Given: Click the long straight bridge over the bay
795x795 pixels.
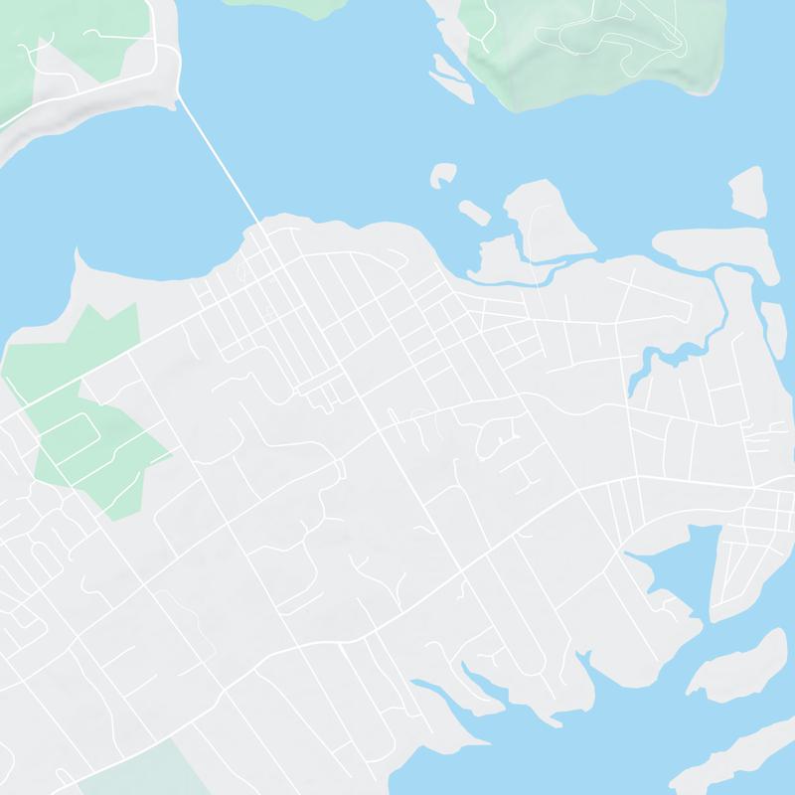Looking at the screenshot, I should (x=219, y=159).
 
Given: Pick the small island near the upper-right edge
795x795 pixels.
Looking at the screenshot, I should (x=747, y=192).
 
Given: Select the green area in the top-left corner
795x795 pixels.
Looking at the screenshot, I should (x=60, y=50).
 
